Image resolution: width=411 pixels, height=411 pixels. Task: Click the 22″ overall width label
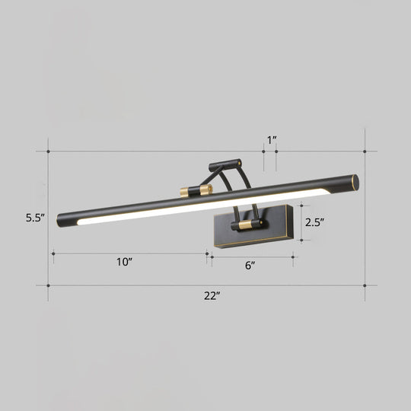211,297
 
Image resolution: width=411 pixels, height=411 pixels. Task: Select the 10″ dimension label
125,263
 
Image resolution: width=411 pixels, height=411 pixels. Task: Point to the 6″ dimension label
250,266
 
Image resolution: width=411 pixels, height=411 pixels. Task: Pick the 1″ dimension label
271,139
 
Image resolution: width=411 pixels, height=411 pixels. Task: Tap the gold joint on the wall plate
245,226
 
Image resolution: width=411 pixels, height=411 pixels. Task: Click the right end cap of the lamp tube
353,182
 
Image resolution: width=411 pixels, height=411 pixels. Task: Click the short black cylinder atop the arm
226,164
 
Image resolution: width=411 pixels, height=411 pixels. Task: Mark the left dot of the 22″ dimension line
48,286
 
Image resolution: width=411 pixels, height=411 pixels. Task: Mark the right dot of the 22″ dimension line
366,286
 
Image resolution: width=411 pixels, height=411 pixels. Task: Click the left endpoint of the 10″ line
52,253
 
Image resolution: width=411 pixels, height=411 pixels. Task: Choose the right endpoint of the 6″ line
293,256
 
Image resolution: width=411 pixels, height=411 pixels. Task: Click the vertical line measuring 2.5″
302,223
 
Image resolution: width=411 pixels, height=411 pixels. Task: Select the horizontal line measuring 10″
129,253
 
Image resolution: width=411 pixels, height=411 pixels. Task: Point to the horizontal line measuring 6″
251,256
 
